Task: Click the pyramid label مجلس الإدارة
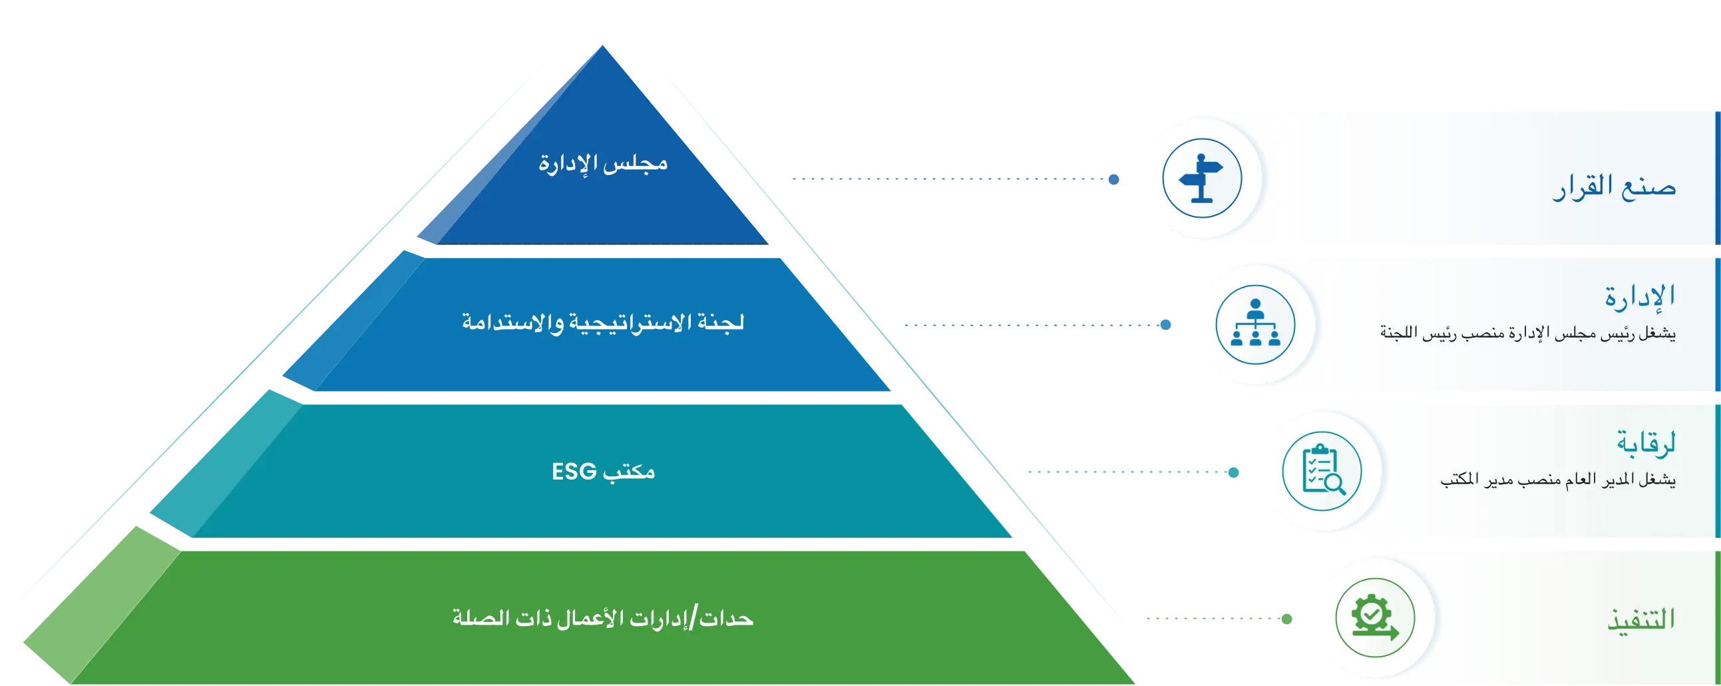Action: [603, 163]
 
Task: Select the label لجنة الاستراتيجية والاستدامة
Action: [603, 322]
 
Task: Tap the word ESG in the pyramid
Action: [574, 472]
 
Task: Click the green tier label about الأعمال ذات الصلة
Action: [603, 617]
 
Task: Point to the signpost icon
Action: [1201, 178]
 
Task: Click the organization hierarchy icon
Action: [1255, 324]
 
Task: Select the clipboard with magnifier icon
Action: [1323, 471]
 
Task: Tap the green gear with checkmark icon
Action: [1375, 617]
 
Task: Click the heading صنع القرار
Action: [1614, 186]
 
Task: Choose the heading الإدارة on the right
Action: [1640, 296]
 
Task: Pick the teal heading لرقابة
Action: [1646, 443]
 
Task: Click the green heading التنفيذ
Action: [1642, 619]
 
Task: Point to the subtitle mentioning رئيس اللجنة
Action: [1528, 333]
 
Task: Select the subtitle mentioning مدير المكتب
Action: [1558, 480]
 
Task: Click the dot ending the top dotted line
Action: [1113, 179]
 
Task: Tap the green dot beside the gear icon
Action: [1286, 619]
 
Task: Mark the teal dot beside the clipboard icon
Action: [1233, 473]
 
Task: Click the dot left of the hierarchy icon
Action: [1166, 325]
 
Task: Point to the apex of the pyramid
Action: [603, 45]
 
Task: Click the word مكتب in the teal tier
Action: [629, 472]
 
